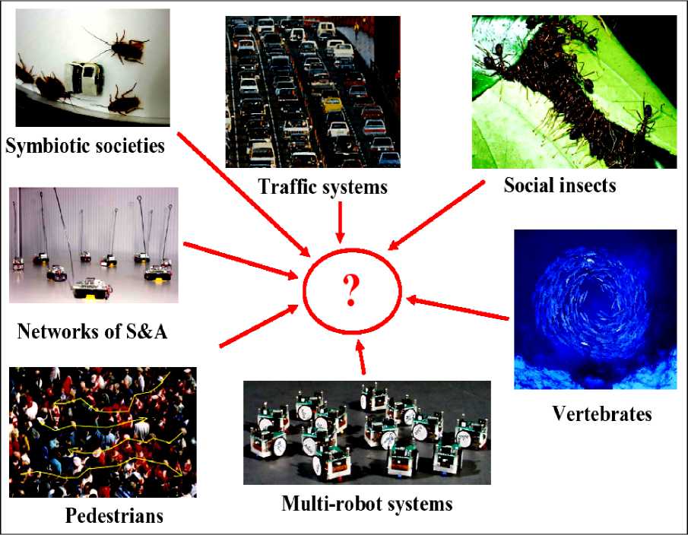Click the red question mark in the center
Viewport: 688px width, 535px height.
pos(350,290)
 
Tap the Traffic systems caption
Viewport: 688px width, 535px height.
pos(322,186)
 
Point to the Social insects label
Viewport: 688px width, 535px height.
pos(560,185)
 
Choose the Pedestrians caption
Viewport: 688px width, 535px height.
pos(114,516)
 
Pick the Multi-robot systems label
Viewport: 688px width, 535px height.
pos(366,503)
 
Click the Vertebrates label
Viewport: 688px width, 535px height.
pos(601,414)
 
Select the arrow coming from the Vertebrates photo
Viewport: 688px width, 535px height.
pos(457,309)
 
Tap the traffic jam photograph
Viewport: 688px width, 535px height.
pos(312,91)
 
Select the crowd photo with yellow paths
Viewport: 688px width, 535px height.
pos(103,432)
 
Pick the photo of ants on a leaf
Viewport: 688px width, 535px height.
pos(573,92)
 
